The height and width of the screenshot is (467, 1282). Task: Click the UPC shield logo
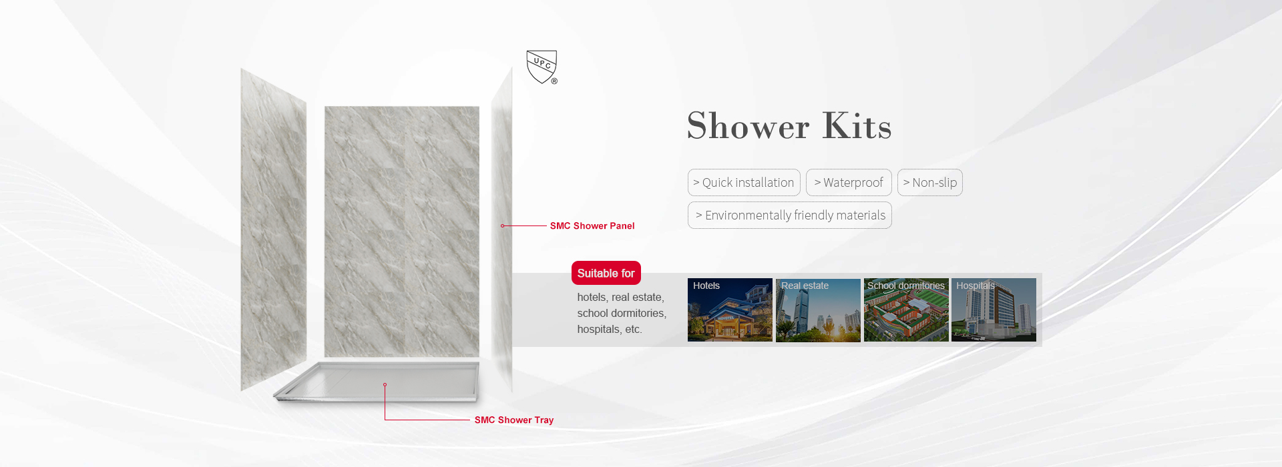[542, 67]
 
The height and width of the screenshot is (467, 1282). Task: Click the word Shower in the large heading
[748, 126]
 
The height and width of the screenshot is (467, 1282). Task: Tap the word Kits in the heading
[857, 125]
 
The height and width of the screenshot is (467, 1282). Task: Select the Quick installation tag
[744, 183]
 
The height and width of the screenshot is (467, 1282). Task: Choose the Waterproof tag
[849, 183]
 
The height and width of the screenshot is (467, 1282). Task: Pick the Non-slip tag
[930, 183]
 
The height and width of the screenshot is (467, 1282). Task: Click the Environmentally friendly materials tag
[790, 215]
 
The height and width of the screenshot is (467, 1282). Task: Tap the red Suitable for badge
[606, 274]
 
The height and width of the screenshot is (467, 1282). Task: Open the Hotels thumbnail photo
[730, 310]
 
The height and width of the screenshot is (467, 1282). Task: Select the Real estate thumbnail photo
[818, 310]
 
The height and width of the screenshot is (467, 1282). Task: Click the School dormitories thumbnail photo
[906, 310]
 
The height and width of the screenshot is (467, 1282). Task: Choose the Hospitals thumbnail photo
[994, 310]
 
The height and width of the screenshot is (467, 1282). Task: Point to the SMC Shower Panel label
[592, 226]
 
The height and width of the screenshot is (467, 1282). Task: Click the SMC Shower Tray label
[514, 420]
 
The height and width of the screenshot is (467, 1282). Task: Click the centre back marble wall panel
[402, 230]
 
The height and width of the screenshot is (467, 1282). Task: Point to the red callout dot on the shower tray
[385, 385]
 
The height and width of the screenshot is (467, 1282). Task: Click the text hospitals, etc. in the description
[610, 330]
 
